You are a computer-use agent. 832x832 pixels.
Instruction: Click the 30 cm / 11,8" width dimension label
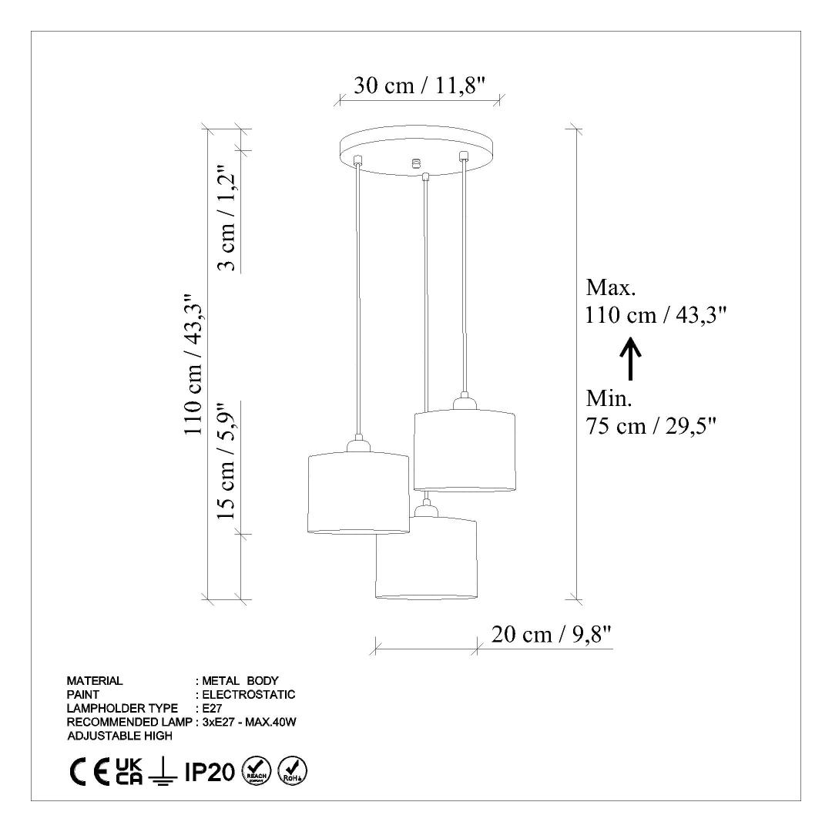click(420, 86)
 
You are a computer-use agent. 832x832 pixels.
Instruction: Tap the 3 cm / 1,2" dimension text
click(227, 220)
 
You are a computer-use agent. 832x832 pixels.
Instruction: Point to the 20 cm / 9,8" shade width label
click(552, 634)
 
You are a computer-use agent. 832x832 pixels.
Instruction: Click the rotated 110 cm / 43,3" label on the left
click(193, 364)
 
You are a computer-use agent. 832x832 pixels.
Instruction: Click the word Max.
click(611, 287)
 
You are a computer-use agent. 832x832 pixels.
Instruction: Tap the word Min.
click(609, 398)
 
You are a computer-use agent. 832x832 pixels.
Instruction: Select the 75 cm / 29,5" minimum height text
click(651, 426)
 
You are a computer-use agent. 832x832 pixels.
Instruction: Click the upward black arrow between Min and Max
click(630, 359)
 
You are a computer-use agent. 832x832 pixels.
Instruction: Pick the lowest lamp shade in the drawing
click(425, 558)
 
